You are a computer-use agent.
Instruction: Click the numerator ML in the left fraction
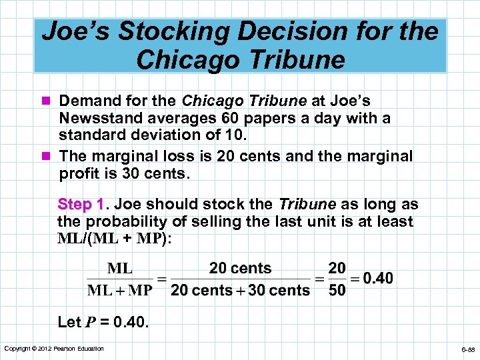[120, 269]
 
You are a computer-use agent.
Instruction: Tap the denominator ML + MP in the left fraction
[120, 291]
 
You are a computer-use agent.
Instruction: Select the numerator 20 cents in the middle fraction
[240, 269]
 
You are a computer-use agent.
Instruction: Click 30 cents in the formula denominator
[279, 291]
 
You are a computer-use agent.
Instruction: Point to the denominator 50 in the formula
[337, 291]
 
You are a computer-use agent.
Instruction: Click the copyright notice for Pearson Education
[54, 349]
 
